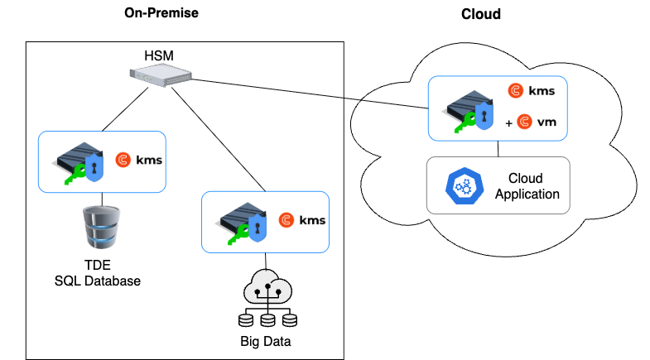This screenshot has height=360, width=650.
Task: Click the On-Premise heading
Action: click(x=161, y=12)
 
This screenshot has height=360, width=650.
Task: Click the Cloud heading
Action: click(x=481, y=14)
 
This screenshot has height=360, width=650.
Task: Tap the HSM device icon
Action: click(x=161, y=76)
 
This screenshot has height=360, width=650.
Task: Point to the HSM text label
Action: click(x=161, y=56)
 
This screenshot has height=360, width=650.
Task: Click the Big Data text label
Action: click(x=266, y=339)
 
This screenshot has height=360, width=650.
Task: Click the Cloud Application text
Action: click(x=527, y=186)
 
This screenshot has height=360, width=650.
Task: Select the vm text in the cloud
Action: click(x=546, y=122)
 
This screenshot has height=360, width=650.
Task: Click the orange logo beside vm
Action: click(x=523, y=122)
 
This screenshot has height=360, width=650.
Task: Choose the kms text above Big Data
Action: click(x=312, y=220)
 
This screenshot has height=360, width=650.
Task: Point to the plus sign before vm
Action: click(x=508, y=123)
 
